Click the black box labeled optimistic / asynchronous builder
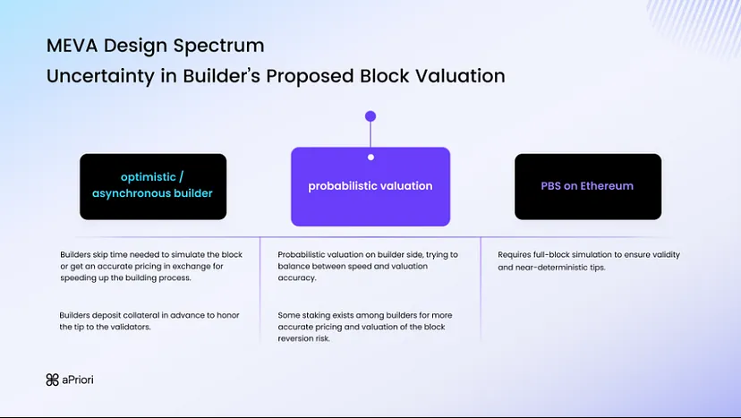click(153, 186)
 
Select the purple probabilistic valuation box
click(370, 186)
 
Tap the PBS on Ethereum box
click(587, 186)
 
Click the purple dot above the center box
click(370, 116)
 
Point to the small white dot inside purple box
click(370, 158)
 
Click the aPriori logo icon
click(52, 380)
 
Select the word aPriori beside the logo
click(78, 380)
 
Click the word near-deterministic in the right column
click(546, 267)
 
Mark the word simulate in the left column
click(166, 255)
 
